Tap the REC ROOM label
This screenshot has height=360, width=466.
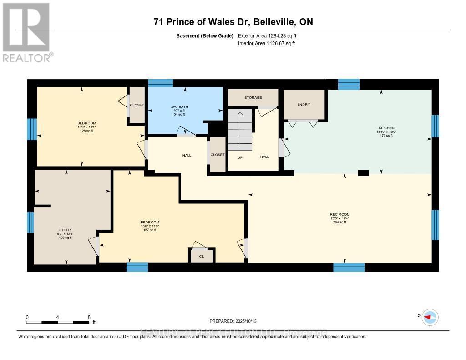coord(340,214)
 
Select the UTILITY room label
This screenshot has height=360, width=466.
coord(65,230)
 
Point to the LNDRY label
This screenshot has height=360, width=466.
coord(304,105)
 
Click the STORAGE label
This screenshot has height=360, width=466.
coord(253,97)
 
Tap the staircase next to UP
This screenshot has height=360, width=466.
coord(240,130)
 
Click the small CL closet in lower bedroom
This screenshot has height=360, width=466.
coord(201,257)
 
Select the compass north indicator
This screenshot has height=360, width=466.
coord(430,317)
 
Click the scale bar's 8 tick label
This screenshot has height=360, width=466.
coord(89,317)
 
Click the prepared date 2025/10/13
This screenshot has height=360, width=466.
coord(236,321)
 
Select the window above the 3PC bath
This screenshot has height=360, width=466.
coord(161,83)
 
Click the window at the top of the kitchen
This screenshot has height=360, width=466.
coord(349,84)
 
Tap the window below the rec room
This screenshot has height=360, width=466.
coord(349,267)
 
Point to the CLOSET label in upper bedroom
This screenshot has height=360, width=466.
coord(137,105)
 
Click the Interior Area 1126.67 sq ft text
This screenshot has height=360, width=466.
coord(266,43)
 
